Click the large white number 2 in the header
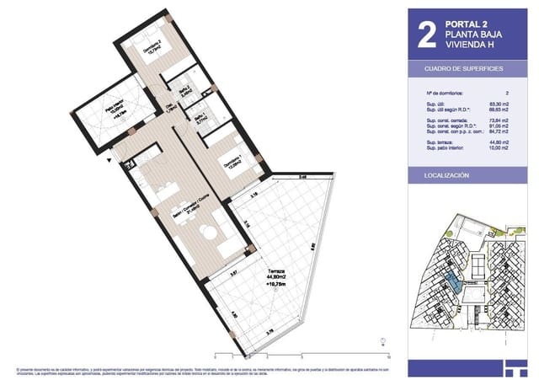(427, 33)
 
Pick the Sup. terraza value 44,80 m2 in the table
(504, 144)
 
